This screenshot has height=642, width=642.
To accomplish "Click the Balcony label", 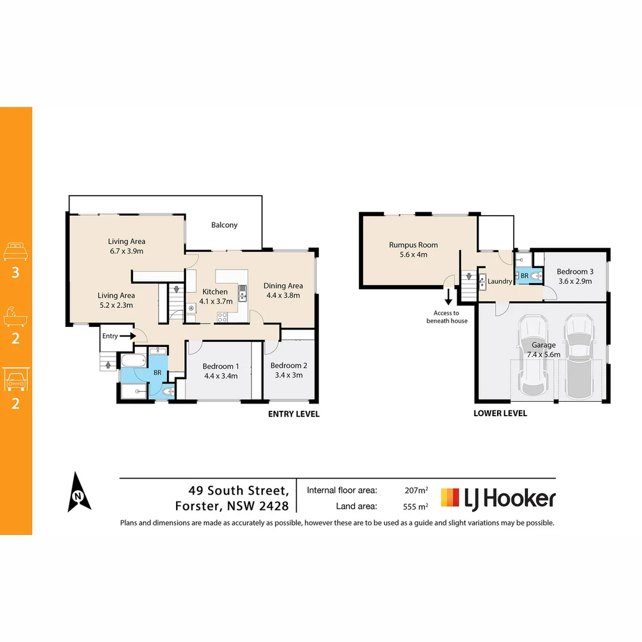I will (x=224, y=225).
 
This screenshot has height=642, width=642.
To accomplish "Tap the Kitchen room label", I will (x=215, y=292).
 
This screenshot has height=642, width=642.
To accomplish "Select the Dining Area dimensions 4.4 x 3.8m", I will (x=283, y=295).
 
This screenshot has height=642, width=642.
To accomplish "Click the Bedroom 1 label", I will (x=221, y=366).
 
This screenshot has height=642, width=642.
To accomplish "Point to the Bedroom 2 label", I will (x=288, y=366).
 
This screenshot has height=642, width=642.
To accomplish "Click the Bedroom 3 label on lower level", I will (x=574, y=272).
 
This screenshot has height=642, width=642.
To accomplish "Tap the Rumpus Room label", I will (x=413, y=245).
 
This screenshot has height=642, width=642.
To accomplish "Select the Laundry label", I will (x=500, y=281).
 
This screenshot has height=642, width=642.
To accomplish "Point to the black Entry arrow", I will (x=127, y=336).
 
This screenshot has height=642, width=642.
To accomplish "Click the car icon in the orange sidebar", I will (x=15, y=379).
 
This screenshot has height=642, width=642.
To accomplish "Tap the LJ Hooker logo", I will (x=498, y=498).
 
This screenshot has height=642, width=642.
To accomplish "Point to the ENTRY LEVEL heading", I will (x=294, y=414).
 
